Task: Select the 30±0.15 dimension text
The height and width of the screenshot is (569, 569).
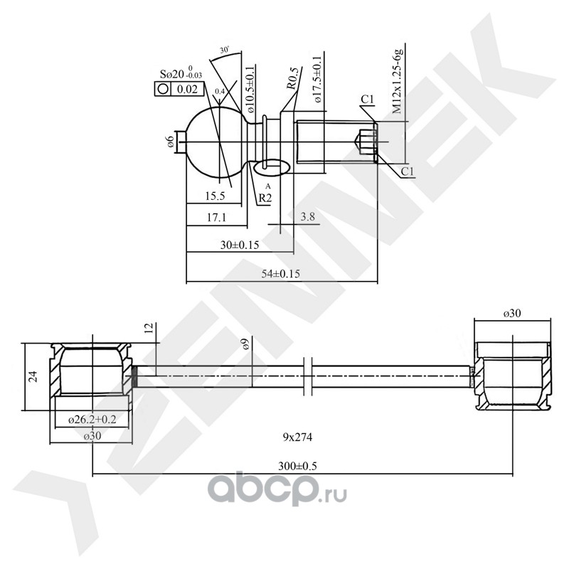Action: (x=239, y=245)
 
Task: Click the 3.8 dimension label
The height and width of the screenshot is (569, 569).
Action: (x=308, y=216)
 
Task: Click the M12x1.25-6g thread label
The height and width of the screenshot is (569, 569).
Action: (x=398, y=83)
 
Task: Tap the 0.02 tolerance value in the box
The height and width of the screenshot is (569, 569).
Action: (x=187, y=89)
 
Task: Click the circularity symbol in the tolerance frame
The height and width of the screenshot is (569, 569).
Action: (x=163, y=89)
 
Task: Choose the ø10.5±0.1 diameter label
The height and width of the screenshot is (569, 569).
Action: (x=250, y=88)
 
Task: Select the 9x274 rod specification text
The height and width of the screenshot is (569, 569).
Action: (x=297, y=435)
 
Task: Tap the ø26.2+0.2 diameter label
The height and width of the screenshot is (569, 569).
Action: (x=92, y=420)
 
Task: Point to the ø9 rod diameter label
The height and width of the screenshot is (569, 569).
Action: (x=245, y=345)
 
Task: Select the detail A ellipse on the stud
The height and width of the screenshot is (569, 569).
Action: (x=270, y=166)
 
